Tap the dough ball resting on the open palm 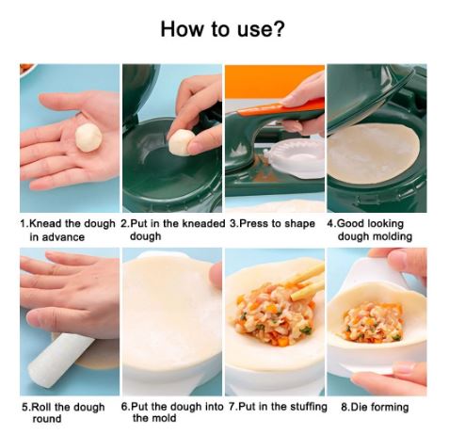pos(88,137)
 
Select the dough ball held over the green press pos(182,142)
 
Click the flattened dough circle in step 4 pos(373,154)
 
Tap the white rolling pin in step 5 pos(59,360)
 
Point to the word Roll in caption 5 pos(41,407)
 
